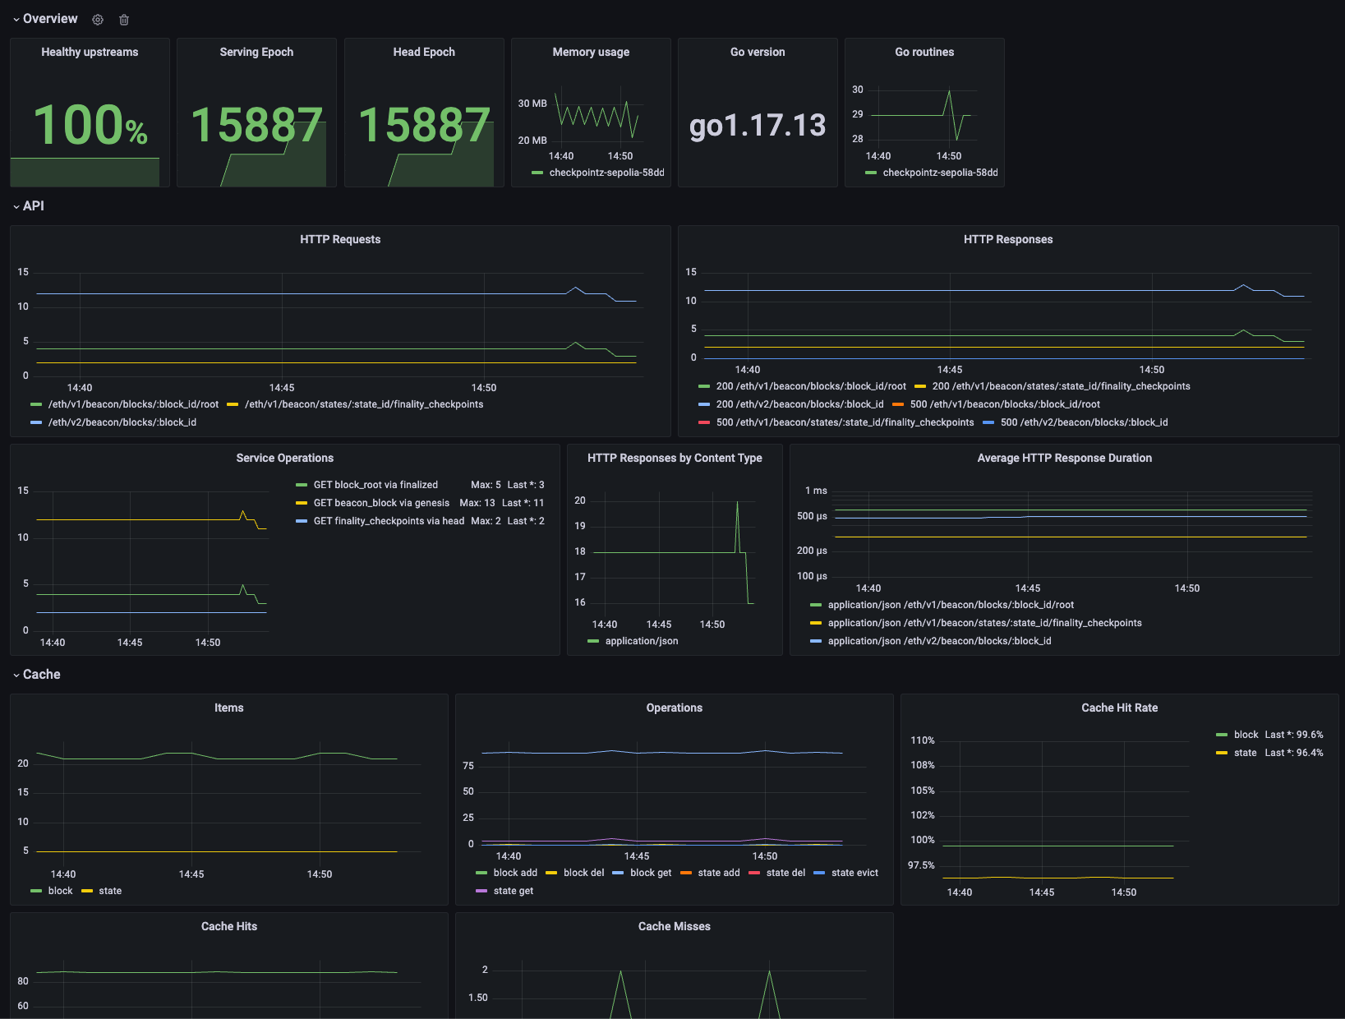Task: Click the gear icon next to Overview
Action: coord(98,20)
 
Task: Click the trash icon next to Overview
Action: coord(124,20)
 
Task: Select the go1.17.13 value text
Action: coord(758,126)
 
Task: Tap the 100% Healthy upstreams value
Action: coord(90,125)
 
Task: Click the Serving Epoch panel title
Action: coord(256,52)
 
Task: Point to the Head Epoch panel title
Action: coord(424,52)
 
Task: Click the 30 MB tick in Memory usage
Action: coord(532,103)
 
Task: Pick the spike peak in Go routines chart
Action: coord(949,90)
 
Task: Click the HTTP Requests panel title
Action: coord(340,240)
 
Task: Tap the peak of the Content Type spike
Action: coord(737,502)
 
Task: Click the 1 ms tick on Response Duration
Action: coord(816,491)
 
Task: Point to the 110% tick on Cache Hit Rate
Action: coord(922,740)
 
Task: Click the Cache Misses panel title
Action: coord(674,926)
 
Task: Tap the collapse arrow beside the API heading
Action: coord(16,207)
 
